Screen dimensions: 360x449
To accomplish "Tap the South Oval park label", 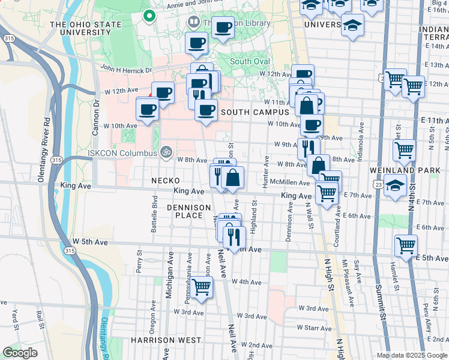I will tap(250, 61).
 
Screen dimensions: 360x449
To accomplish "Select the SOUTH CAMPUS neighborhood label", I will tap(255, 112).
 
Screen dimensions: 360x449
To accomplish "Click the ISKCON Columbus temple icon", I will tap(166, 152).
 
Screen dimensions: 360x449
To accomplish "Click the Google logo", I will tap(20, 353).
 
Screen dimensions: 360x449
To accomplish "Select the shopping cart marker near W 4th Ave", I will tap(202, 287).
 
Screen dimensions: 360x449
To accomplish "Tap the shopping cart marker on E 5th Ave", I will tap(406, 245).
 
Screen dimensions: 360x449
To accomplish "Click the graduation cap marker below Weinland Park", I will tap(396, 185).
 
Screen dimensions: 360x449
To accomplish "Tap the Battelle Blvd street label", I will tap(154, 214).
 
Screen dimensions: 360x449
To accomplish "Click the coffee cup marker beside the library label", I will tap(223, 26).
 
